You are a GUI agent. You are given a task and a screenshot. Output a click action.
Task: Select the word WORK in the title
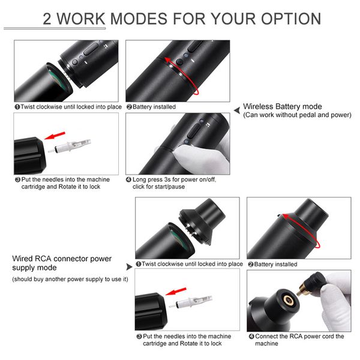click(x=86, y=19)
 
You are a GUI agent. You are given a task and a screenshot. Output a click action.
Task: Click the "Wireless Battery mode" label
click(x=283, y=107)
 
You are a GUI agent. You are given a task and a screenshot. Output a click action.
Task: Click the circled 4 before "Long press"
click(x=129, y=179)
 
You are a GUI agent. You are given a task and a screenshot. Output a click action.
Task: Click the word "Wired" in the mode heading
click(x=23, y=259)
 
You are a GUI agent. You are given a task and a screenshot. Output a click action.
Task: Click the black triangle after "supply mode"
click(x=128, y=265)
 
